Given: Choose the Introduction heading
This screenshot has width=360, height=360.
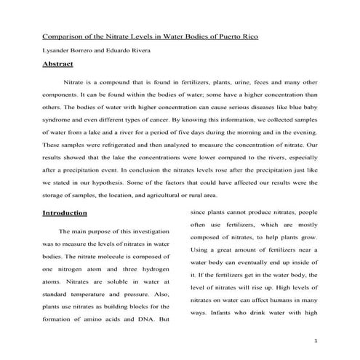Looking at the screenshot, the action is tap(65, 213).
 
